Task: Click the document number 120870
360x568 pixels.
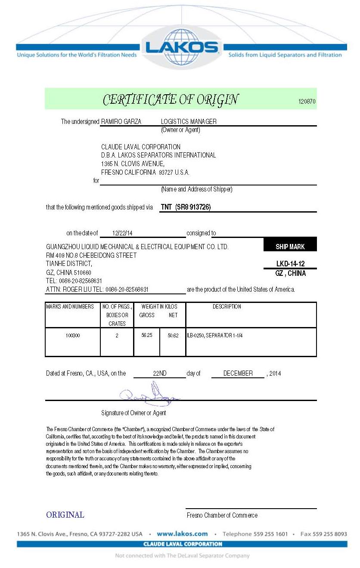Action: pos(307,102)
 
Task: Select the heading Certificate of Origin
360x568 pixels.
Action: pos(170,100)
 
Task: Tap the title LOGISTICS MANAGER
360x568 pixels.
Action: pos(189,122)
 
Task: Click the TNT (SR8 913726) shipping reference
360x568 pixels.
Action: pos(186,207)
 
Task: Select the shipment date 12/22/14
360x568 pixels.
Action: pos(122,233)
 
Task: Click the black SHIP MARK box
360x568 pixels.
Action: pos(290,247)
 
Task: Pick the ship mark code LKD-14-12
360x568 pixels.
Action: pos(290,264)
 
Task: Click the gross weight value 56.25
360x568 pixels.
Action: pos(147,335)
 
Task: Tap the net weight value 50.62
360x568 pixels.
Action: pos(173,335)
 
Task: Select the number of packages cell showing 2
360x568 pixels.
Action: pos(117,335)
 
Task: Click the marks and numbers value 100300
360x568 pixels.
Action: pos(73,335)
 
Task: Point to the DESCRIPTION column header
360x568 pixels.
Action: pos(227,307)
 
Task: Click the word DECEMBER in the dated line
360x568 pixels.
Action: pos(238,374)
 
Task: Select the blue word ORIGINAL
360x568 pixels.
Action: pos(65,515)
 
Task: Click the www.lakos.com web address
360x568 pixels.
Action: pos(182,534)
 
